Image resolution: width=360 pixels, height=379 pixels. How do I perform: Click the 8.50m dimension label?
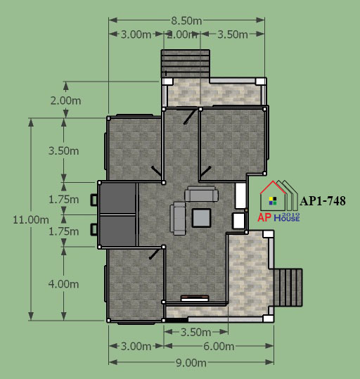(x=186, y=21)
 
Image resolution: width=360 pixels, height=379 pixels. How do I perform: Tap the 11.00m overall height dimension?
(x=31, y=220)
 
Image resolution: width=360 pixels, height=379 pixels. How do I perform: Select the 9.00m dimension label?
(x=191, y=363)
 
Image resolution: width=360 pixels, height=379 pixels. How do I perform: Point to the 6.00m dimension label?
(x=219, y=347)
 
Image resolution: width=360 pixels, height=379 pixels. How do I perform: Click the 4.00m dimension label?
(x=63, y=284)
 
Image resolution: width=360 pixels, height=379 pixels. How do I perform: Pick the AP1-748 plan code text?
(x=323, y=201)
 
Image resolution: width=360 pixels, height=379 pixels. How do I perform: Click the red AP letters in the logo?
(x=264, y=217)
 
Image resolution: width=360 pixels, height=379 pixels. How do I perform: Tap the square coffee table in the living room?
(x=201, y=218)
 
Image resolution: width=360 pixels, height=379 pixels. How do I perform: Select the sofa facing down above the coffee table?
(x=201, y=194)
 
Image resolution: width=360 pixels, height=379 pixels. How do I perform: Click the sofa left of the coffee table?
(x=178, y=218)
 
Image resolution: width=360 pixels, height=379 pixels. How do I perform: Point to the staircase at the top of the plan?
(x=186, y=63)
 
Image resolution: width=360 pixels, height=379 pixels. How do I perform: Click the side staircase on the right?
(x=288, y=288)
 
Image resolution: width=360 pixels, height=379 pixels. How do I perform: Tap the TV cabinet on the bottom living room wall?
(x=195, y=298)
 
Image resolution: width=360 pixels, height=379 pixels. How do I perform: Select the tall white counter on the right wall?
(x=240, y=195)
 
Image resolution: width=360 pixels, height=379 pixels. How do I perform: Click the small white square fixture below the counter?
(x=238, y=221)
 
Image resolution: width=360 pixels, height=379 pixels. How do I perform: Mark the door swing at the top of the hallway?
(x=189, y=117)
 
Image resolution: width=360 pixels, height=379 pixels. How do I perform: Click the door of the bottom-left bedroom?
(x=154, y=254)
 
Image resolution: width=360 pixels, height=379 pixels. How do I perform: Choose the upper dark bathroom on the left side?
(x=117, y=198)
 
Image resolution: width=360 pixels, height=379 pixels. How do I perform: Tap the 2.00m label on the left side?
(x=65, y=101)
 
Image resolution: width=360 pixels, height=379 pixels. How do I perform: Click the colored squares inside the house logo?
(x=273, y=201)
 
